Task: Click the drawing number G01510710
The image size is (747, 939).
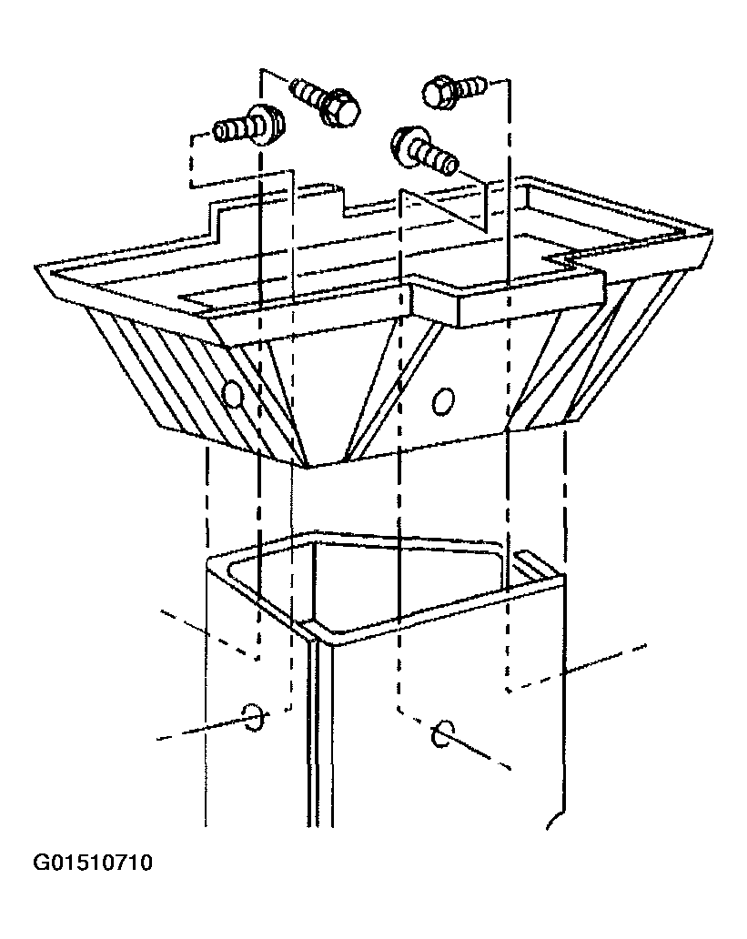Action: click(x=92, y=863)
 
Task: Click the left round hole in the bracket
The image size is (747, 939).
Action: click(x=232, y=393)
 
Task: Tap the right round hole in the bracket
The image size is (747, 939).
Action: click(x=443, y=400)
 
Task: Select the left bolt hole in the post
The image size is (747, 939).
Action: click(x=253, y=716)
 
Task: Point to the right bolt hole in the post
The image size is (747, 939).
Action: click(x=441, y=733)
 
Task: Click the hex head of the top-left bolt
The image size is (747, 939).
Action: click(x=340, y=109)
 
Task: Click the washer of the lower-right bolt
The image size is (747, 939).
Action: click(x=404, y=144)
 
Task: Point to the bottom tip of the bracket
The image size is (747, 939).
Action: click(x=308, y=467)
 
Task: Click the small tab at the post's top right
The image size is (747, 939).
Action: click(x=540, y=564)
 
